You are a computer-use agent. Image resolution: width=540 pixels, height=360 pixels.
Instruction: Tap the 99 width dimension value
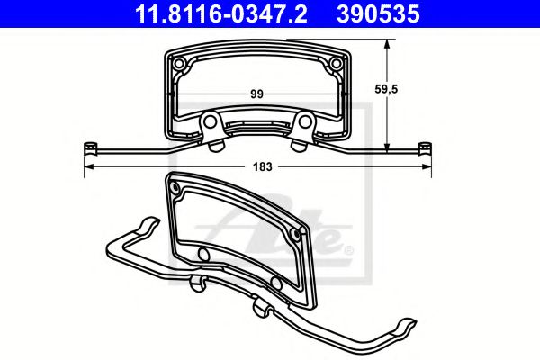[x=257, y=93]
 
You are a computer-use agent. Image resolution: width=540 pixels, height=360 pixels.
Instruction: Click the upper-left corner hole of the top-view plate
[x=179, y=63]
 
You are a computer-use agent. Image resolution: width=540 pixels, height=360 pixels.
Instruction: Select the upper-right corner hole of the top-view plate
[x=336, y=63]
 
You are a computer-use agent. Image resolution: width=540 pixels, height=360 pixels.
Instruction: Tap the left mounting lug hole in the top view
[x=213, y=123]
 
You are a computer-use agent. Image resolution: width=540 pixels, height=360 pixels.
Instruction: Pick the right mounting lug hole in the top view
[x=301, y=123]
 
